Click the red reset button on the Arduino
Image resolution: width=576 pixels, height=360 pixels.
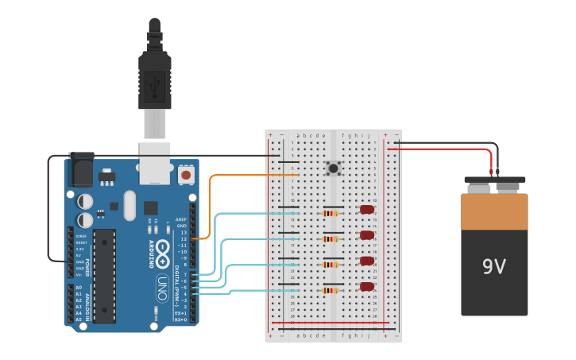click(x=186, y=174)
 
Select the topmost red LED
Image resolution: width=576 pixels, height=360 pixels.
click(x=367, y=210)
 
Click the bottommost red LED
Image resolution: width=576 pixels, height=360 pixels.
click(x=367, y=287)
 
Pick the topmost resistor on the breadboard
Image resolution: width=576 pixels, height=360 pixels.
click(x=331, y=213)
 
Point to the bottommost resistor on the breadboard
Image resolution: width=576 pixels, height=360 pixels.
click(x=331, y=290)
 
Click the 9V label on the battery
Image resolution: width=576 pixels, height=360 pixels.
click(x=493, y=266)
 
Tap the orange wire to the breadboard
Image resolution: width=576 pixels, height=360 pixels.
click(x=238, y=176)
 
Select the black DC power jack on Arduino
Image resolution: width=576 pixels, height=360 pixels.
click(x=79, y=169)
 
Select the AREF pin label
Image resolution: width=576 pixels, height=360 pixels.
click(x=181, y=219)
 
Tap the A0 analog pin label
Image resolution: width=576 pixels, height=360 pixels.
click(x=79, y=287)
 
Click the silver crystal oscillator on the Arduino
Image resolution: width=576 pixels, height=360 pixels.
click(x=130, y=206)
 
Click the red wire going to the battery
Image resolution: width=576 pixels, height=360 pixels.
click(x=445, y=149)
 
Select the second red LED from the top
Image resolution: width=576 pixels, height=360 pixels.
click(x=367, y=235)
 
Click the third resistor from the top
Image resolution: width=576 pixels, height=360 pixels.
click(x=331, y=265)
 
